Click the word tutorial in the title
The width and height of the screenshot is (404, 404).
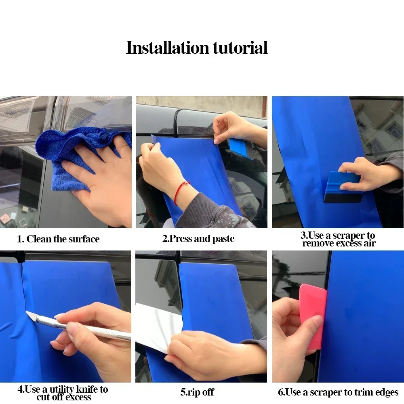240,48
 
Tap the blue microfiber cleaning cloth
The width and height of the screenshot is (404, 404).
75,155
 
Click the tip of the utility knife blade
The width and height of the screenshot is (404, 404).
26,311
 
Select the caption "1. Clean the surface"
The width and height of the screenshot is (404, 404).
58,239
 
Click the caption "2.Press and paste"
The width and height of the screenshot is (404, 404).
198,239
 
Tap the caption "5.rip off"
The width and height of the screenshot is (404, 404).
197,392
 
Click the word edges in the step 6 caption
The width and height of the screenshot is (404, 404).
387,392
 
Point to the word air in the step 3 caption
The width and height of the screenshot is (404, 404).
370,243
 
